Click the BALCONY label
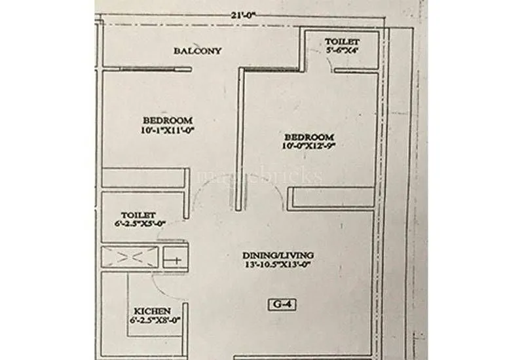(198, 51)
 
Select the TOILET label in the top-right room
(342, 42)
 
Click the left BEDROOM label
(168, 120)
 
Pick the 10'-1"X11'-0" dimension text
(168, 130)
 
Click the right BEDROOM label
(309, 137)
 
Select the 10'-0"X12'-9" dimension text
(309, 147)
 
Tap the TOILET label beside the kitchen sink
(138, 215)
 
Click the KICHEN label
(152, 311)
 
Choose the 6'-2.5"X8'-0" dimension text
(152, 321)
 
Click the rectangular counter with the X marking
(130, 257)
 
